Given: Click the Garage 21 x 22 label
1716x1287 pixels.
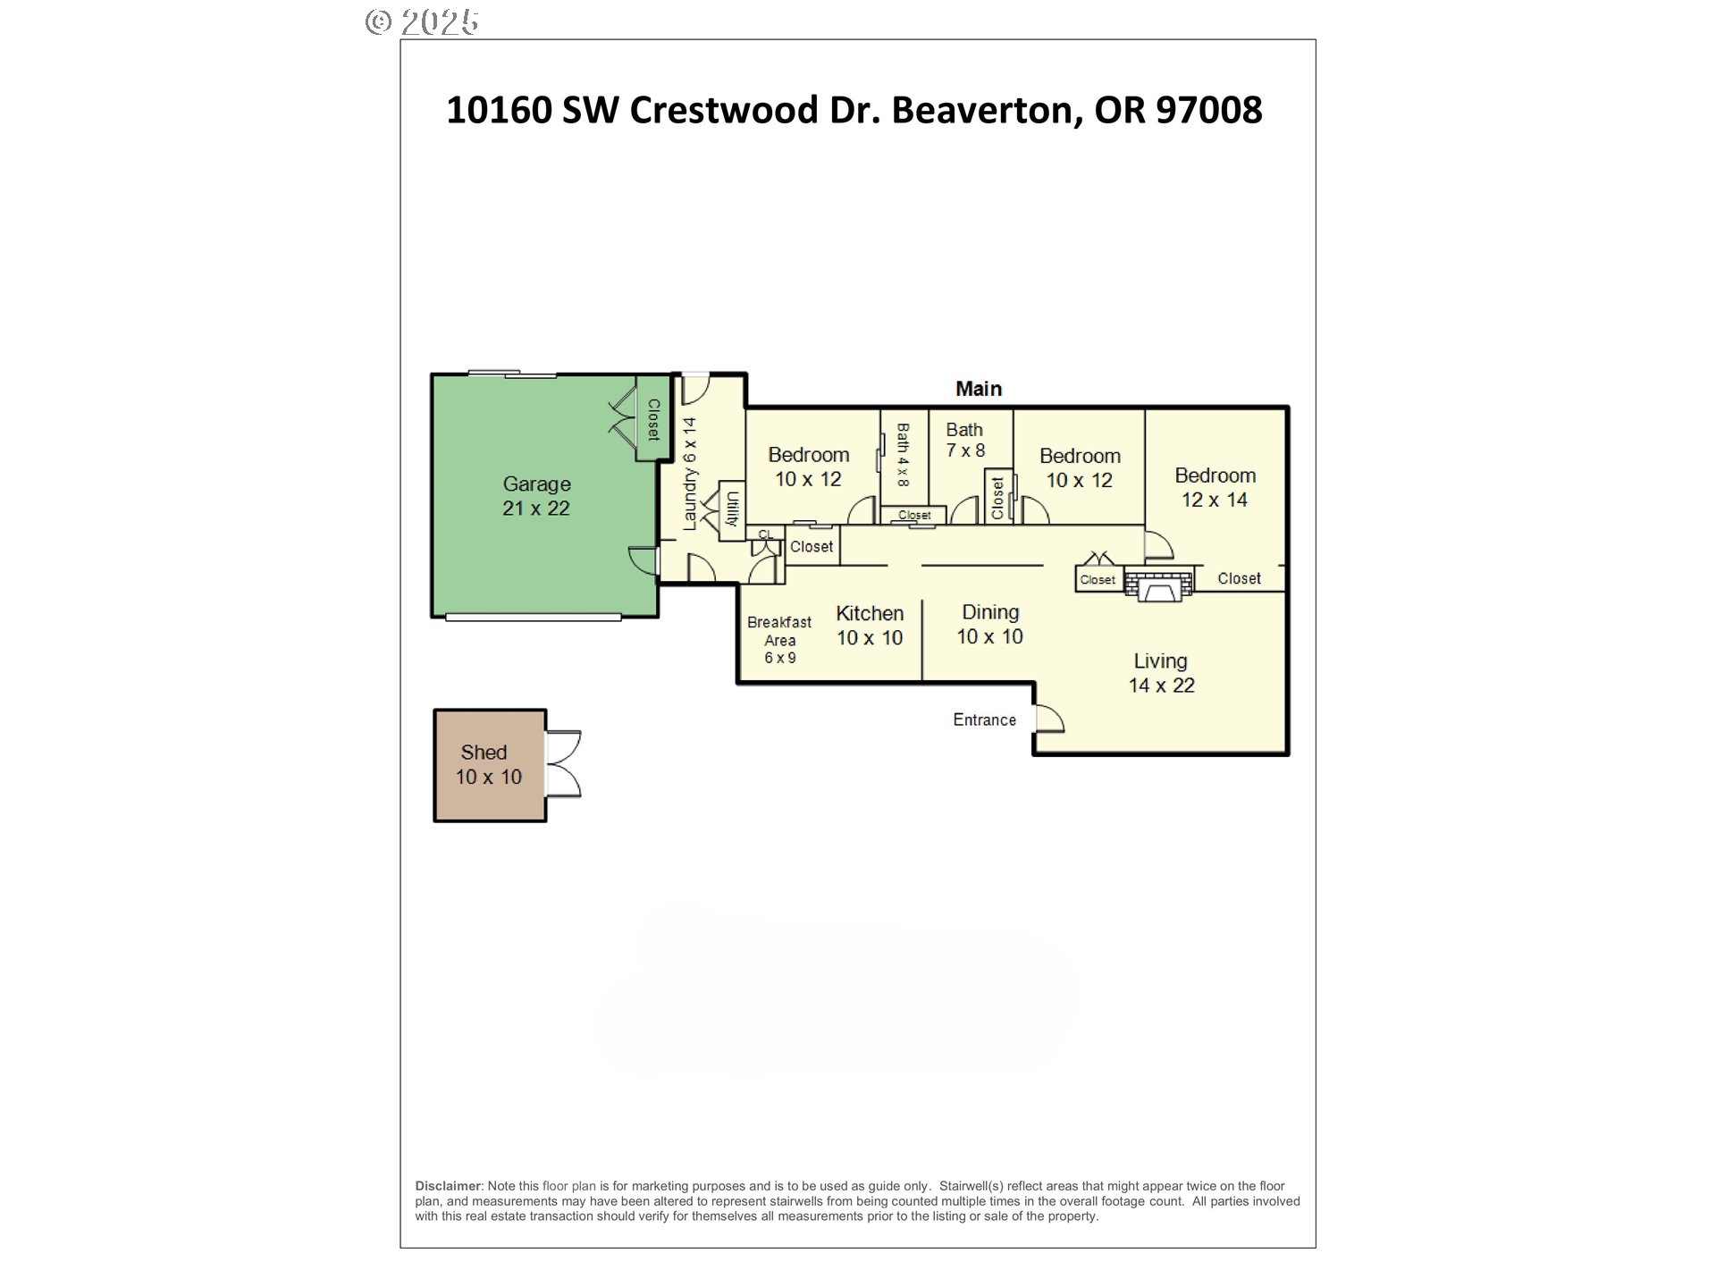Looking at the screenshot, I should pos(536,496).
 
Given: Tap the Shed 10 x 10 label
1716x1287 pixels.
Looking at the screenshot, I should pos(488,765).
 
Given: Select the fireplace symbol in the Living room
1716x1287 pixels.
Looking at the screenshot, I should pos(1158,585).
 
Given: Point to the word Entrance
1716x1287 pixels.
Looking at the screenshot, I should pos(984,720).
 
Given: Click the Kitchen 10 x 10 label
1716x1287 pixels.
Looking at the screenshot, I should pos(870,626).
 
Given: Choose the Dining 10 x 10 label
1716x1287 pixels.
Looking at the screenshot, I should pos(990,624).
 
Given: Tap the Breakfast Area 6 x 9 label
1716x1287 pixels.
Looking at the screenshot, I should pos(779,640).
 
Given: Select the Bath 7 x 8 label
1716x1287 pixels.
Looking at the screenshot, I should pos(965,441).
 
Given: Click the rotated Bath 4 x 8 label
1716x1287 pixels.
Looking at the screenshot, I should pos(903,455).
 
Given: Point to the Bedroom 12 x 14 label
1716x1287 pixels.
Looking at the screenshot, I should pos(1215,487).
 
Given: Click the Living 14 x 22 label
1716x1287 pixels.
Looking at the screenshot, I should pos(1161,673).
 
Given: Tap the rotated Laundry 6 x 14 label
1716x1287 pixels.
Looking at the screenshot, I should pos(690,474).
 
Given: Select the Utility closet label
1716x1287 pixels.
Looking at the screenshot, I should pos(732,509).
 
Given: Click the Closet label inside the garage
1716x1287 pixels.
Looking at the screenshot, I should pos(653,419).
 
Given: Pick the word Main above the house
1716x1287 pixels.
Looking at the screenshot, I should pos(979,389).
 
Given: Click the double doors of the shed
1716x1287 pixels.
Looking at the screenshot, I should pos(563,764).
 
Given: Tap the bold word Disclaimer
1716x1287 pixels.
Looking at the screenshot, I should pos(448,1186).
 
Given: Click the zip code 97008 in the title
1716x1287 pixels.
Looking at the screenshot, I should pos(1208,110).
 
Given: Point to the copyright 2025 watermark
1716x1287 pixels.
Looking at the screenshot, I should pos(423,21).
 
